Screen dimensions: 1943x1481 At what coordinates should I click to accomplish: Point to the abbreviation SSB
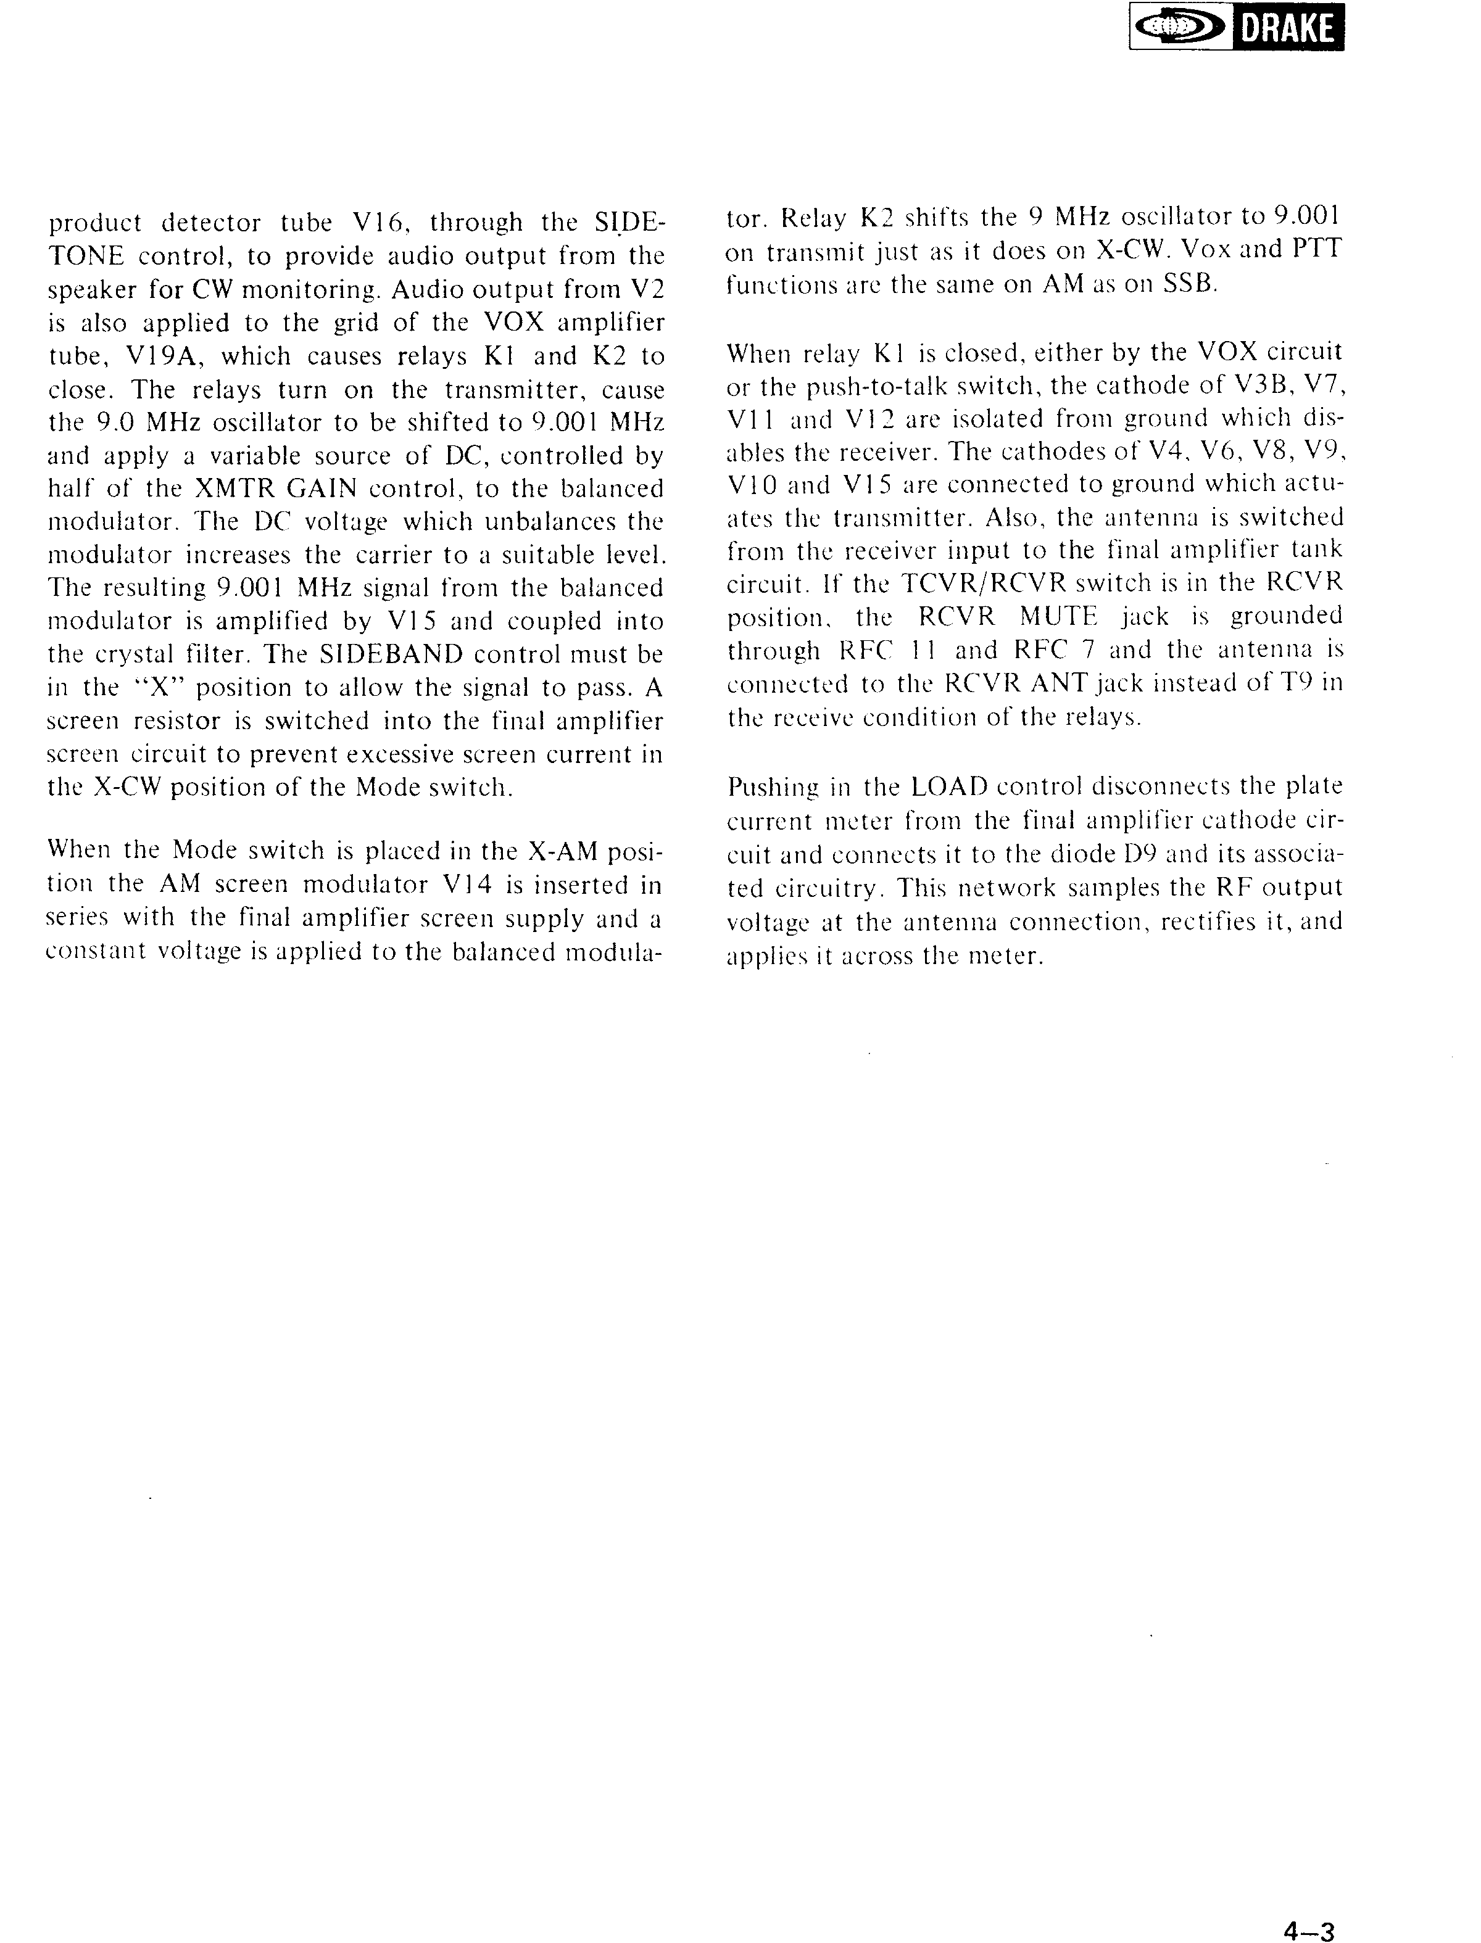(x=1190, y=284)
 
